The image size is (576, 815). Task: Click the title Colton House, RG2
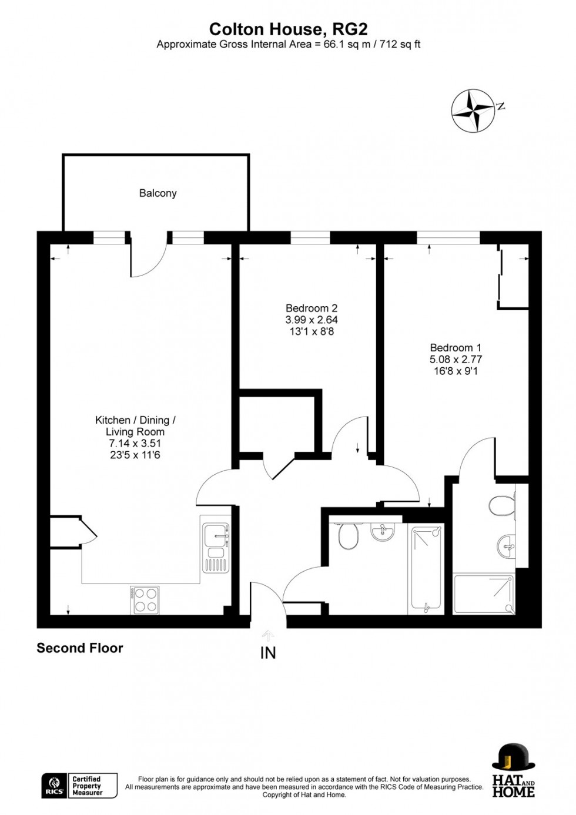click(288, 29)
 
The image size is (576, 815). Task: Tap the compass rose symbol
click(472, 110)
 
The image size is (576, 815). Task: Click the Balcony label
click(158, 193)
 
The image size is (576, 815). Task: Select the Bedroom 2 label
click(312, 308)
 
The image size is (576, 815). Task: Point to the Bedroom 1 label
click(456, 347)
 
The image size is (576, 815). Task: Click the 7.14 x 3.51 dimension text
click(135, 443)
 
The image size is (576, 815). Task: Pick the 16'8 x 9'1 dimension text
click(456, 371)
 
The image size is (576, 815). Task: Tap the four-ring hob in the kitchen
click(145, 600)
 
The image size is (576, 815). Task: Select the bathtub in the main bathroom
click(426, 568)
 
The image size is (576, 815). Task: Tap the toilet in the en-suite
click(502, 505)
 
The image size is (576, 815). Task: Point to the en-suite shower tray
click(483, 594)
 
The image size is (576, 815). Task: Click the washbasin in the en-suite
click(505, 546)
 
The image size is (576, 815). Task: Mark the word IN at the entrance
click(268, 652)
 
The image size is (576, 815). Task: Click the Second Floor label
click(80, 648)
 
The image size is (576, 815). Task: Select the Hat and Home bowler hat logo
click(513, 770)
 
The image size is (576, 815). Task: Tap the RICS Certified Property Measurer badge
click(79, 786)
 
